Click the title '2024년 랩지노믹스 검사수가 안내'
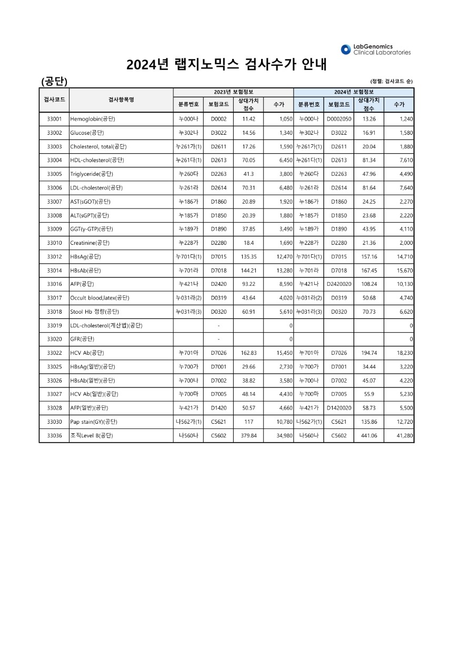tap(227, 65)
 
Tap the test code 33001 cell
tap(54, 119)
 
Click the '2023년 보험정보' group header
tap(233, 92)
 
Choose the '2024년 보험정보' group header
tap(353, 92)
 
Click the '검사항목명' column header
tap(121, 99)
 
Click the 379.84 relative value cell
tap(248, 436)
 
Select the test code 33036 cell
tap(54, 436)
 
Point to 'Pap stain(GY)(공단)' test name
tap(94, 422)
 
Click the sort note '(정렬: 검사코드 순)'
tap(391, 81)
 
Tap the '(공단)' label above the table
tap(54, 81)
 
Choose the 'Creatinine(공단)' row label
tap(90, 243)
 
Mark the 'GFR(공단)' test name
tap(83, 339)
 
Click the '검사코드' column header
tap(54, 99)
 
